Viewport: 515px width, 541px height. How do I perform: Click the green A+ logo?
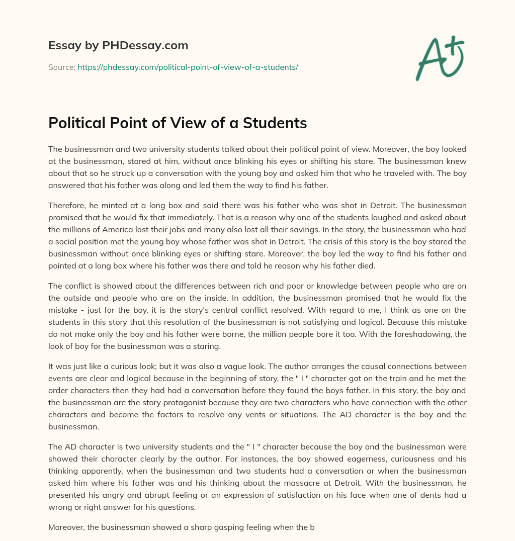click(x=440, y=58)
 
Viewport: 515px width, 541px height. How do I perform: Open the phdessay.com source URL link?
click(x=188, y=67)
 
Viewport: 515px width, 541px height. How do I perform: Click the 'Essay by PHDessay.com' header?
click(x=118, y=46)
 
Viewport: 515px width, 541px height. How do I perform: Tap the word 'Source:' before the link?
click(x=61, y=67)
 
